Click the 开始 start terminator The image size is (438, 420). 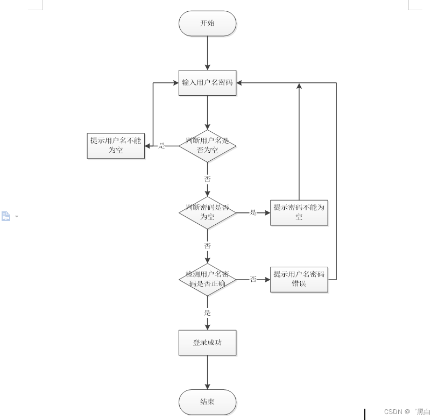pos(207,24)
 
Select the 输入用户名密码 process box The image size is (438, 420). pos(207,83)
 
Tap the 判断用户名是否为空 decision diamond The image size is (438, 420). pos(207,146)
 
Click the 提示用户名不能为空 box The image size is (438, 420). pos(116,146)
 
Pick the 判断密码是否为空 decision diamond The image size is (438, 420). pos(207,212)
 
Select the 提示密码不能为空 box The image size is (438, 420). pos(299,212)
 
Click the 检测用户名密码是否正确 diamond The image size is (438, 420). pos(207,279)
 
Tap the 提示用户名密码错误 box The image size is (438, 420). pos(299,279)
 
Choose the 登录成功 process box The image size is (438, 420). pos(207,343)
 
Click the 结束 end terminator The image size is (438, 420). pos(207,402)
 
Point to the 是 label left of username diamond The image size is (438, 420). pos(161,146)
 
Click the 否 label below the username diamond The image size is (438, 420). pos(207,179)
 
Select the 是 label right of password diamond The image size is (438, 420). pos(253,212)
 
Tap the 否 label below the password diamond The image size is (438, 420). pos(207,246)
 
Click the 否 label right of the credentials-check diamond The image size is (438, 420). pos(253,279)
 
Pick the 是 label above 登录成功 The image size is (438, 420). pos(207,312)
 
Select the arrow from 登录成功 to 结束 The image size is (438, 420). pos(207,372)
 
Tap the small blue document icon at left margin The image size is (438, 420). pos(6,216)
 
